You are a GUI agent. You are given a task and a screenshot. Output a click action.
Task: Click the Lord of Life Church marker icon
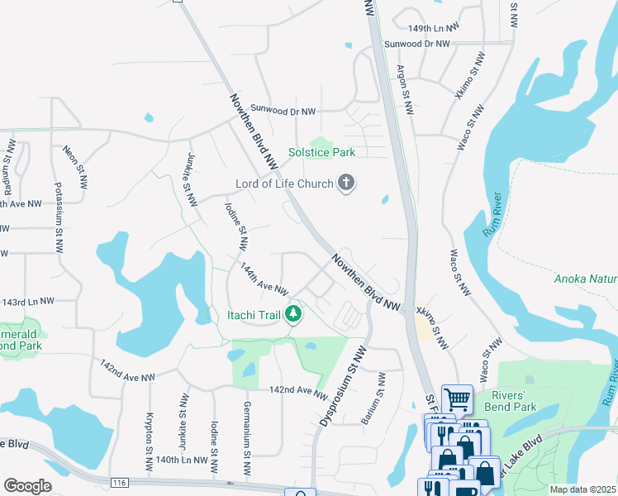point(346,184)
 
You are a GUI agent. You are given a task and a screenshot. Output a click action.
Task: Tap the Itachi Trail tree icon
point(292,314)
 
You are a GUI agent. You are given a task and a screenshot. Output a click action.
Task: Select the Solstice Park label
point(321,152)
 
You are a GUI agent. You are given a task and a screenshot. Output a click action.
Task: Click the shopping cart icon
point(456,399)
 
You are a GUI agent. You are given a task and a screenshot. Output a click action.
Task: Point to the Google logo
point(27,486)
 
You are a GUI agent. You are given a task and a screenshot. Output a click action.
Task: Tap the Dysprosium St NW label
point(341,386)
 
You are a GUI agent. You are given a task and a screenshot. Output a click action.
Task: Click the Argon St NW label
point(405,90)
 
